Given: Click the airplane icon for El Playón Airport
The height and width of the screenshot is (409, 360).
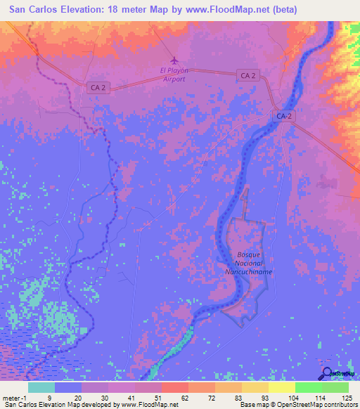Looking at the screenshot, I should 174,61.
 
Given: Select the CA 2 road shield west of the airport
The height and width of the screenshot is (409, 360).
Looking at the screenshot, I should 99,87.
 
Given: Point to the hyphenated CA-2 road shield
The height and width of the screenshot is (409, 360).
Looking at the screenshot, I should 283,115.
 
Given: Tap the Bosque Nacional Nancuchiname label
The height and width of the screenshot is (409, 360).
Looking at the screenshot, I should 244,262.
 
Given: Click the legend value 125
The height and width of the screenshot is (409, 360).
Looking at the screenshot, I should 345,397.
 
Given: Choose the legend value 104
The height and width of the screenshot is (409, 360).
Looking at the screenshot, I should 292,397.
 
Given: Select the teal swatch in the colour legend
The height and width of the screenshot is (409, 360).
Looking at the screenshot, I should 41,387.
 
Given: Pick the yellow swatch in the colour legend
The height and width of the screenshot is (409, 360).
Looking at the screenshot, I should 281,387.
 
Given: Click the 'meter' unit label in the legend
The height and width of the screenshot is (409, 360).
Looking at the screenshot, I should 11,397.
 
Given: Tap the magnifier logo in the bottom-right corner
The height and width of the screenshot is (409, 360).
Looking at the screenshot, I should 327,372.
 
